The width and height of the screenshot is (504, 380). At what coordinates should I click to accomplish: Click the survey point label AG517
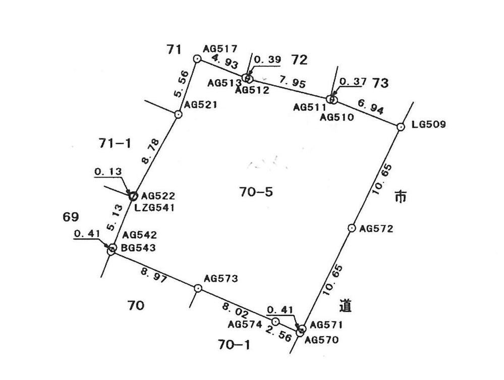(x=220, y=48)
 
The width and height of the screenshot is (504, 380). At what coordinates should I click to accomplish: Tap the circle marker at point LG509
(x=401, y=127)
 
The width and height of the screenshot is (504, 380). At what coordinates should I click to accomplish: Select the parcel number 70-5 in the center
(x=256, y=192)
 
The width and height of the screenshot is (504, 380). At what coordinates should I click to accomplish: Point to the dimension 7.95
(x=292, y=82)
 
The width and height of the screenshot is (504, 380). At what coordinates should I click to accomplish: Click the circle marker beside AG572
(x=352, y=228)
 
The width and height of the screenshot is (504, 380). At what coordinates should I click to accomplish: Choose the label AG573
(x=221, y=278)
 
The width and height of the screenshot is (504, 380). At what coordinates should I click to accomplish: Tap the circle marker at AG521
(x=178, y=114)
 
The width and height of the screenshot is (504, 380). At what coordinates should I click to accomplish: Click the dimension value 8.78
(x=150, y=151)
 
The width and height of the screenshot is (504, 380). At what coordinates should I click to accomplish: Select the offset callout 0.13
(x=108, y=172)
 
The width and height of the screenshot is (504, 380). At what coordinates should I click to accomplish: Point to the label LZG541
(x=154, y=207)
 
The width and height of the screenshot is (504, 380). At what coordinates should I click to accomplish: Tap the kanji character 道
(x=346, y=306)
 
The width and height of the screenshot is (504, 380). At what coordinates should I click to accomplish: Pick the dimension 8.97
(x=154, y=276)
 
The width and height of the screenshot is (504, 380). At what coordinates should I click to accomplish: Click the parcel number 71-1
(x=115, y=143)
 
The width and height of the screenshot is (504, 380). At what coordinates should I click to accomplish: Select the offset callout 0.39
(x=267, y=60)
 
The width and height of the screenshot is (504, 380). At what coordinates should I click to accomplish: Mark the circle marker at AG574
(x=275, y=321)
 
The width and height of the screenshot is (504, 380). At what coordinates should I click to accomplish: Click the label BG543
(x=138, y=248)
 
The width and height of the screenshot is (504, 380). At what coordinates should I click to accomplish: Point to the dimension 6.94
(x=371, y=106)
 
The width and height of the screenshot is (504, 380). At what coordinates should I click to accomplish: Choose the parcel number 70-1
(x=234, y=345)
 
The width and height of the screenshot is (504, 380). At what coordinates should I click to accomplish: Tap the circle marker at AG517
(x=197, y=59)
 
